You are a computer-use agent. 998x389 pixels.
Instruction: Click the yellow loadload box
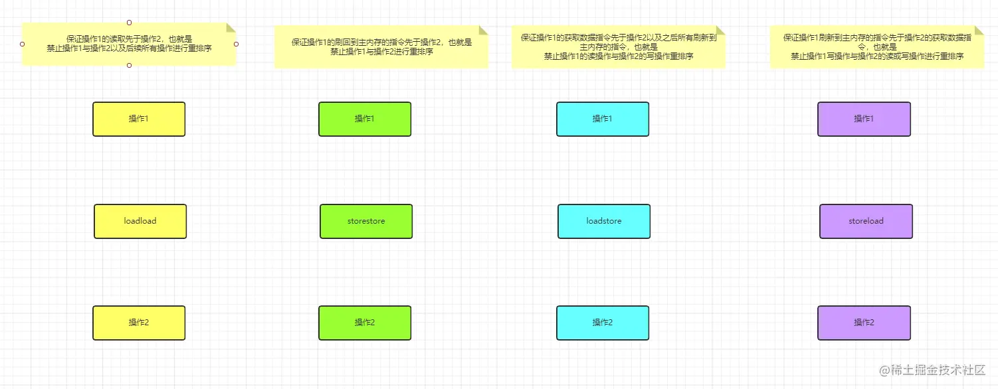140,221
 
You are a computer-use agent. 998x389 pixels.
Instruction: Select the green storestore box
366,221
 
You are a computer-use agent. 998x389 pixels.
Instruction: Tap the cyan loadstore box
604,221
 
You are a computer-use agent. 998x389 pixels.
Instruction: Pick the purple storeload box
866,221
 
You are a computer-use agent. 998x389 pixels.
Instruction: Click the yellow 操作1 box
139,119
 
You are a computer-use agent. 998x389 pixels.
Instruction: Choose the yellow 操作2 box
139,323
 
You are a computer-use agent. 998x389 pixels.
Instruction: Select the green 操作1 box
365,119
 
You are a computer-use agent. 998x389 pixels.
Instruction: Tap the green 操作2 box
365,323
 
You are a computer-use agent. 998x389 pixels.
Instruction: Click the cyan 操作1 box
603,119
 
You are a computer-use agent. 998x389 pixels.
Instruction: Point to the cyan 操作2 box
603,323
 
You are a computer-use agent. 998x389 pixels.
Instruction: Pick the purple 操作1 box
864,119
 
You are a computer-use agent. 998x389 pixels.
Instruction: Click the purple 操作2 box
864,323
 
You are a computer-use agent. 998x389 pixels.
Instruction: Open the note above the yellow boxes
129,44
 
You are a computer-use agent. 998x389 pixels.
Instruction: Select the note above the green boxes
381,47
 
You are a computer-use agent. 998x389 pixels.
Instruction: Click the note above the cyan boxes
618,47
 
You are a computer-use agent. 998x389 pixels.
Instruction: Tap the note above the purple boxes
876,47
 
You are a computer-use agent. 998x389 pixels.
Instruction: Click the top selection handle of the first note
129,23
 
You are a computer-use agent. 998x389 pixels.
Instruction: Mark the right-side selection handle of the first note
236,44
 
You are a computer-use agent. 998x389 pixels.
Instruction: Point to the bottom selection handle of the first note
129,65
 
